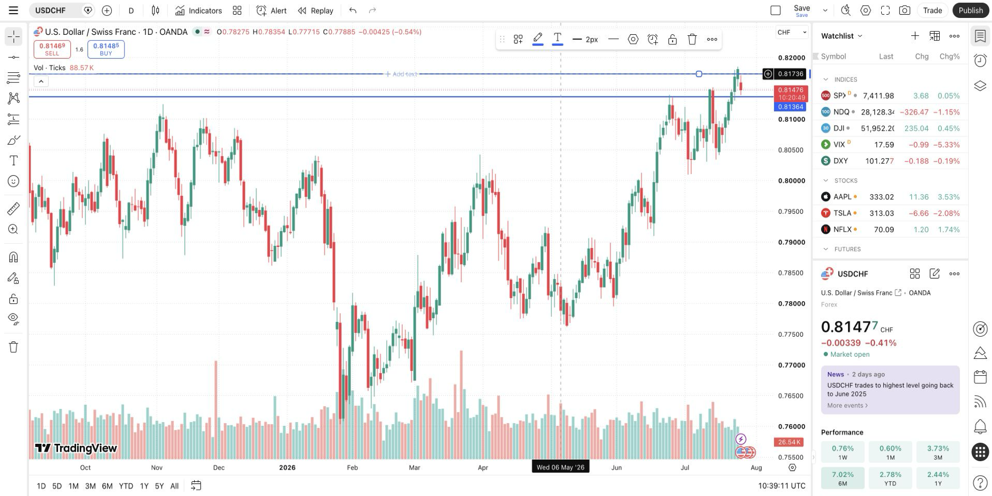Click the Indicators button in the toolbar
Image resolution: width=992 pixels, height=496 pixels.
pos(198,11)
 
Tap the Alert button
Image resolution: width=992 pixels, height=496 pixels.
pos(271,11)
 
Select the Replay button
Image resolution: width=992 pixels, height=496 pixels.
pos(316,11)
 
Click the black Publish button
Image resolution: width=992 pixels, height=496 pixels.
pos(970,11)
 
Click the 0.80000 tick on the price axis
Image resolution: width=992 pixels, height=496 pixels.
pos(791,180)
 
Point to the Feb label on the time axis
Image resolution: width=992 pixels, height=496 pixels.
pos(352,468)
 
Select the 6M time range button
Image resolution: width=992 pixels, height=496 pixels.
pos(107,486)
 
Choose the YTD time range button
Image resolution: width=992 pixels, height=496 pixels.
pos(126,486)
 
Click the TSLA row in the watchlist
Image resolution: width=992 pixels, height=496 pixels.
pos(890,213)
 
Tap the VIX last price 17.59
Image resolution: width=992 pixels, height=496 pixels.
pos(884,145)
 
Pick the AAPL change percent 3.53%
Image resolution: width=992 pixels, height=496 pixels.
pos(949,197)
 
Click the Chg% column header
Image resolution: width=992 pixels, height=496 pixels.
pos(950,56)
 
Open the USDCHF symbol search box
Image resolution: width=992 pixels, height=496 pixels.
pos(56,11)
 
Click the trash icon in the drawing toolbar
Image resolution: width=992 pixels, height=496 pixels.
pos(692,39)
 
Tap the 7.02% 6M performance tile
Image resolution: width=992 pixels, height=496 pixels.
pos(843,478)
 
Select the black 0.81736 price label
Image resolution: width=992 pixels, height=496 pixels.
pos(791,74)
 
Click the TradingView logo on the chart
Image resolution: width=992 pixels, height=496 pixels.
pos(76,449)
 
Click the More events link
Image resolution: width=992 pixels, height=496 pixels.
pos(847,405)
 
